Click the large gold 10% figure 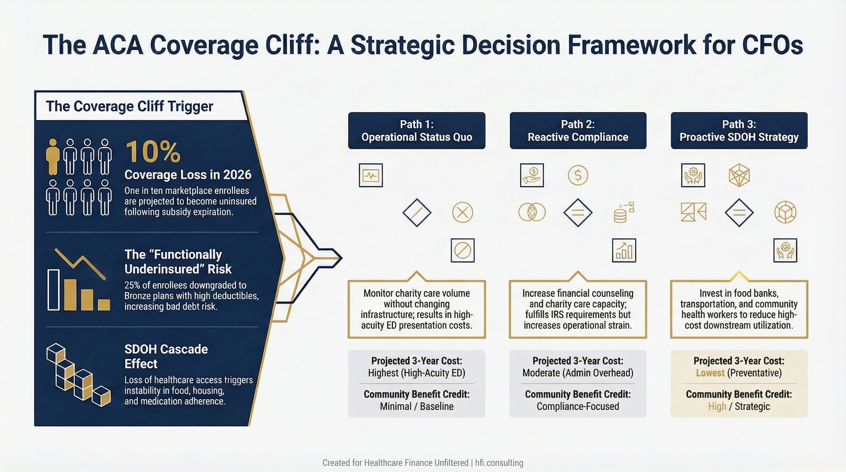153,152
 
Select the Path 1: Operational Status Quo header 417,131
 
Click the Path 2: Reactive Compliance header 578,131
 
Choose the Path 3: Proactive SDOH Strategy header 739,131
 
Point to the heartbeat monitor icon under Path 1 371,175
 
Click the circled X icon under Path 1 463,212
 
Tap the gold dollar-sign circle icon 578,175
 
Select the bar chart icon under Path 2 624,250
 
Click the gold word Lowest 710,373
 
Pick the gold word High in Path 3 717,406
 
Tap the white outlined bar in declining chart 53,290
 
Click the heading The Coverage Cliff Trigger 129,106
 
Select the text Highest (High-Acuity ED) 417,373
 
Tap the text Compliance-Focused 578,406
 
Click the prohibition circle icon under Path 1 463,250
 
